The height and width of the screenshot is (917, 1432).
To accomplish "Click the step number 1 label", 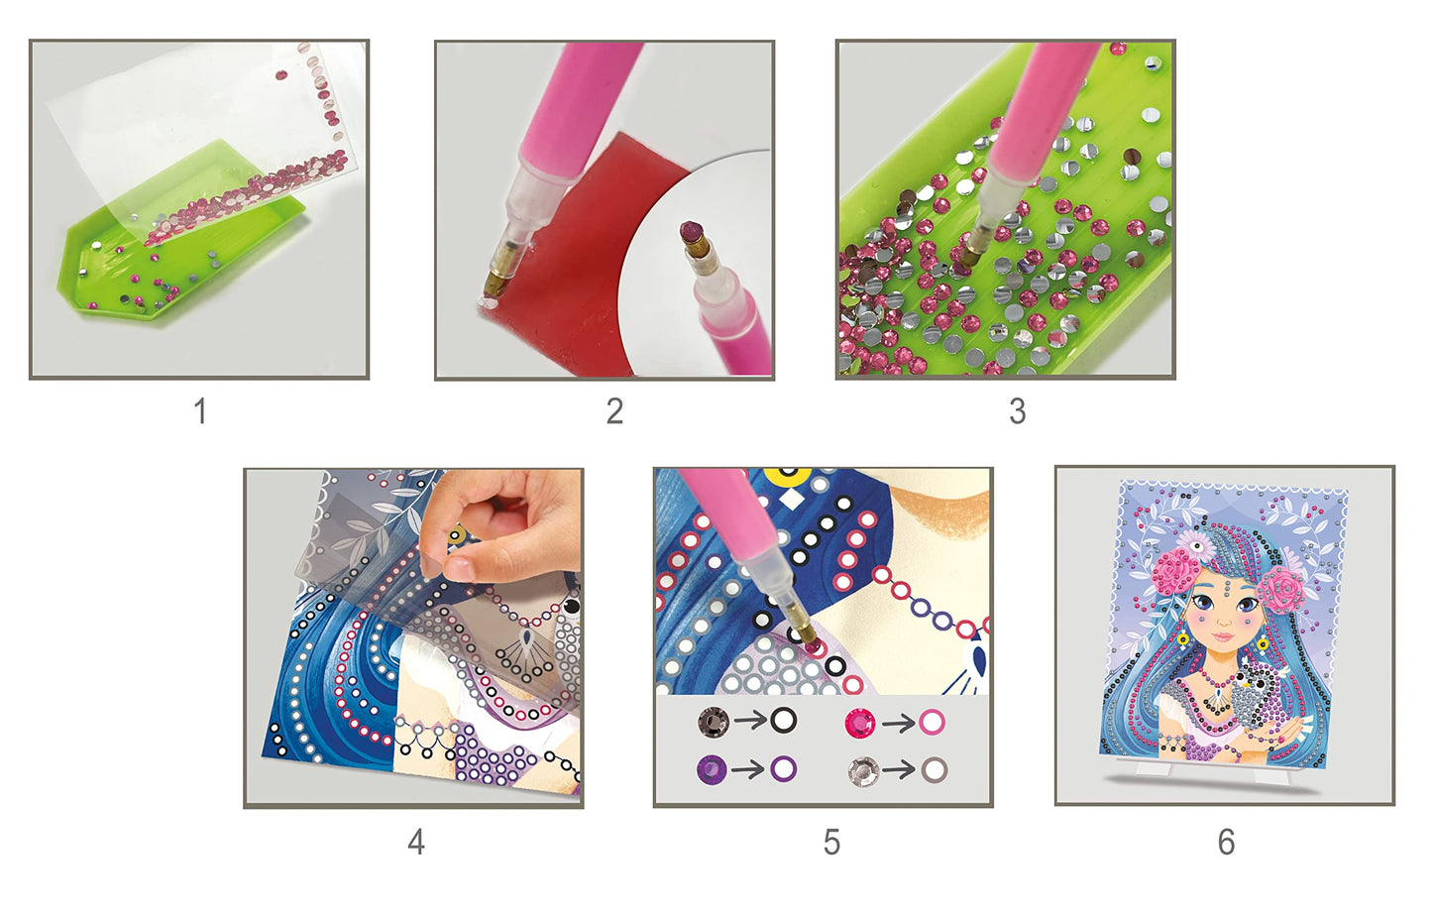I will coord(200,410).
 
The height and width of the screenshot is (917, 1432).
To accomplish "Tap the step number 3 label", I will coord(1017,410).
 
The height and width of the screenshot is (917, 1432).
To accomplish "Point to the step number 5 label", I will coord(831,842).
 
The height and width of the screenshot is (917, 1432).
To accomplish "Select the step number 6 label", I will coord(1226,842).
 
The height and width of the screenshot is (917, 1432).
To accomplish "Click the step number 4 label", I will coord(416,842).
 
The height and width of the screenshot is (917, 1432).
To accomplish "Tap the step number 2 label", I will coord(614,410).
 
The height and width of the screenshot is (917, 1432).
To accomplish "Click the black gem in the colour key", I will coord(713,721).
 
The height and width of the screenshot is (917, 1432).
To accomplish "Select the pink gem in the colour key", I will coord(860,722).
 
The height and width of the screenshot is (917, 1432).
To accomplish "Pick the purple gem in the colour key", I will coord(713,769).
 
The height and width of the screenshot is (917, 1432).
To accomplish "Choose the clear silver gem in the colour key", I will coord(863,770).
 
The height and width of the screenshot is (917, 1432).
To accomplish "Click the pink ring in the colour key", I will coord(932,722).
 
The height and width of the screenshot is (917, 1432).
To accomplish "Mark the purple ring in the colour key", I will coord(783,768).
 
